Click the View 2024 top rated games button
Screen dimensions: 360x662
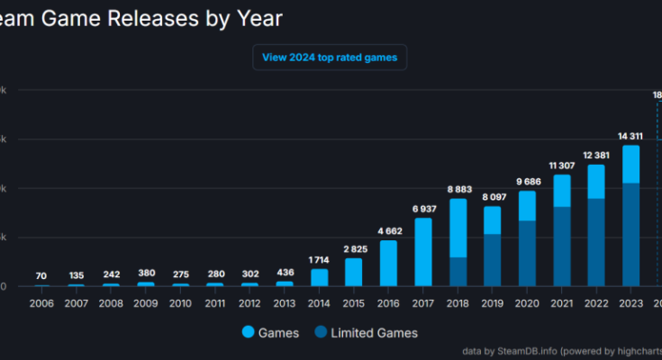(x=330, y=58)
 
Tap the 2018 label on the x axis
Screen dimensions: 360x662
(x=458, y=302)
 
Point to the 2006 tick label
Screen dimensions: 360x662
(x=41, y=302)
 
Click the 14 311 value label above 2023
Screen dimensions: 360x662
(x=630, y=136)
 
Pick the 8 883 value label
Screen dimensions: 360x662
(x=458, y=189)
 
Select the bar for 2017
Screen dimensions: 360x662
(x=423, y=252)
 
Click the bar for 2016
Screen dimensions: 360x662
(x=388, y=263)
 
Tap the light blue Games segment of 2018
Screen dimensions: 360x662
(x=458, y=228)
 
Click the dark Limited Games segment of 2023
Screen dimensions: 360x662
(x=630, y=234)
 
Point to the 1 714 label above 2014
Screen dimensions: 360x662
(x=319, y=259)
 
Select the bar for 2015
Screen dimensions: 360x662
(x=354, y=272)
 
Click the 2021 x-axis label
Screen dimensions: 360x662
(x=561, y=302)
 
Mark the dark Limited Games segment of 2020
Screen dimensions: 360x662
(x=527, y=253)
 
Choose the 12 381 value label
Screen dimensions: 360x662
(x=595, y=156)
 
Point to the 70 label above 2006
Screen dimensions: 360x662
(x=41, y=275)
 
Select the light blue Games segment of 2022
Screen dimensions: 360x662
(x=595, y=181)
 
